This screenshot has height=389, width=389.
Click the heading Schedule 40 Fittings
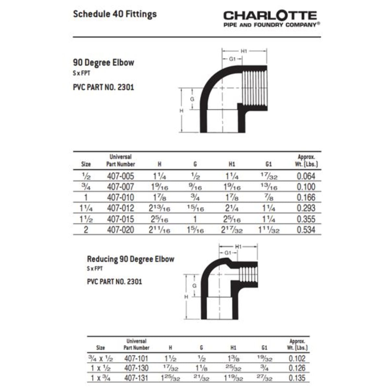(x=115, y=14)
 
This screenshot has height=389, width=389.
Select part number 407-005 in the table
(x=120, y=176)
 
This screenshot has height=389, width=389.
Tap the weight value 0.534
(x=306, y=230)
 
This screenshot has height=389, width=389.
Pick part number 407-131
(x=136, y=378)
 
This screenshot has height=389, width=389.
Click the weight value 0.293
(x=306, y=208)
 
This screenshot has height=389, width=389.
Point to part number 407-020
(x=120, y=230)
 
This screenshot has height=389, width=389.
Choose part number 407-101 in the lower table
(x=136, y=359)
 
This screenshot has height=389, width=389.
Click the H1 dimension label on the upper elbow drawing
(x=244, y=51)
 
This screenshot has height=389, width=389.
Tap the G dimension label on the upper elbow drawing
(x=192, y=99)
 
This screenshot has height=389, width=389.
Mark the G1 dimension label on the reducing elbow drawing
(x=228, y=253)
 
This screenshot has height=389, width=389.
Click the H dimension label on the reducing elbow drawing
(x=186, y=297)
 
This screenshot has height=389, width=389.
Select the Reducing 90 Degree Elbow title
(x=131, y=259)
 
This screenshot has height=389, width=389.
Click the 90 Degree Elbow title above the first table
(x=103, y=63)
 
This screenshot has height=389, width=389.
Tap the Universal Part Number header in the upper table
(x=120, y=160)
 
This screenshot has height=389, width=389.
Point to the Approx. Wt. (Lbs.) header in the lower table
(x=297, y=344)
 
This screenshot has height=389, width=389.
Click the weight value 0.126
(x=297, y=368)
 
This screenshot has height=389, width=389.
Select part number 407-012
(x=120, y=208)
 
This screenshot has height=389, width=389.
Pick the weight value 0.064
(x=306, y=176)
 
